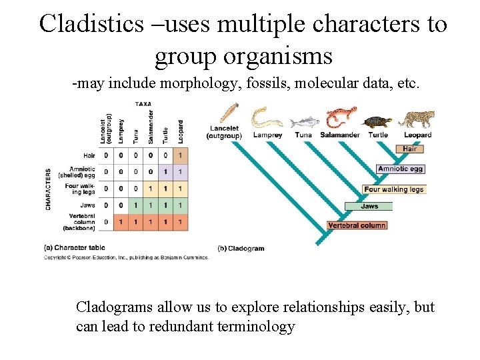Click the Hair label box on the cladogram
[x=409, y=149]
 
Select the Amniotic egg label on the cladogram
[x=400, y=169]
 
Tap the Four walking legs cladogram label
[x=393, y=189]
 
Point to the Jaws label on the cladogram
[x=369, y=206]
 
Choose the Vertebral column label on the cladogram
[x=357, y=225]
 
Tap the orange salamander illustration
[x=341, y=117]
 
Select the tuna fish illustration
[x=305, y=122]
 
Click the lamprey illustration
[x=267, y=117]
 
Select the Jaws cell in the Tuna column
[x=135, y=205]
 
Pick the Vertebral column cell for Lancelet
[x=105, y=221]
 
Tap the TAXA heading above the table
[x=143, y=104]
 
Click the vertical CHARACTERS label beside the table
[x=49, y=189]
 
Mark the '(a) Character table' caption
[x=69, y=248]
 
